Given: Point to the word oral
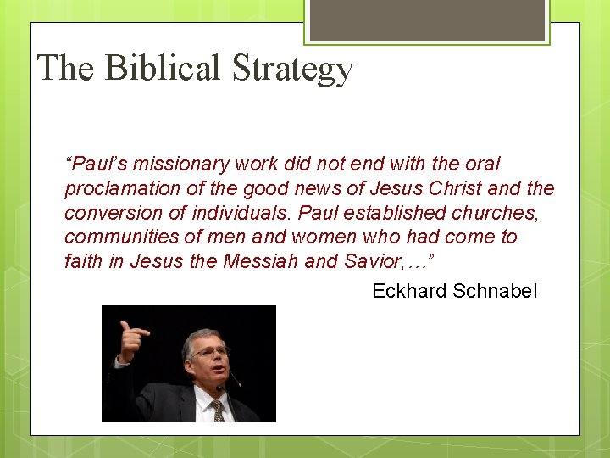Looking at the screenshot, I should click(x=482, y=164).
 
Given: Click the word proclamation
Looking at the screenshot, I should click(x=118, y=189).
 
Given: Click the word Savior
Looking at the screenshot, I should click(x=374, y=262).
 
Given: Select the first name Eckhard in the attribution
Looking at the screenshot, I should click(x=409, y=292).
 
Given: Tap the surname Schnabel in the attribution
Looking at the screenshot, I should click(x=495, y=292).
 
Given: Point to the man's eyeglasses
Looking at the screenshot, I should click(x=210, y=351).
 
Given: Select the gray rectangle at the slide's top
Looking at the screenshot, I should click(x=427, y=20).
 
